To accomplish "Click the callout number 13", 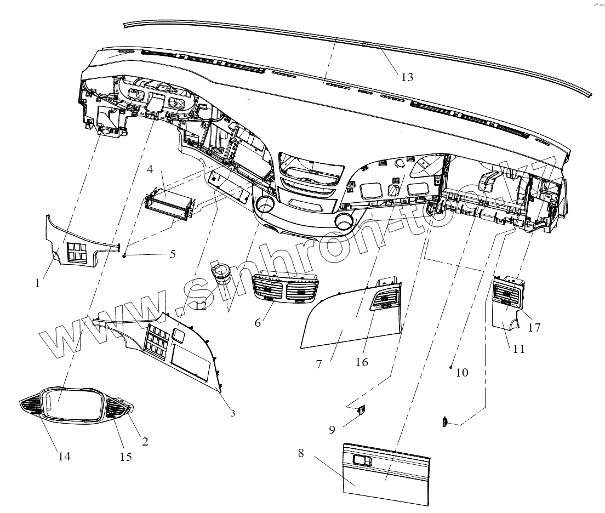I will coord(407,77).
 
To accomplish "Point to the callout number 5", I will coord(173,254).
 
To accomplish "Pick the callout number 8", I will coord(301,454).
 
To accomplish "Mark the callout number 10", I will coord(463,373).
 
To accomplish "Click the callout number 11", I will coord(518,349).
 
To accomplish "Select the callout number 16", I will coord(362,362).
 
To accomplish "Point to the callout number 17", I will coord(534,328).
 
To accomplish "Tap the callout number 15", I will coord(126,456).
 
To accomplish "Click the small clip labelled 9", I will coord(362,410).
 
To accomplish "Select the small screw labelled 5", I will coord(125,255).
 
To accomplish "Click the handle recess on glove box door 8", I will coord(362,461).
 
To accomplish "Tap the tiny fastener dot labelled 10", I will coord(450,366).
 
